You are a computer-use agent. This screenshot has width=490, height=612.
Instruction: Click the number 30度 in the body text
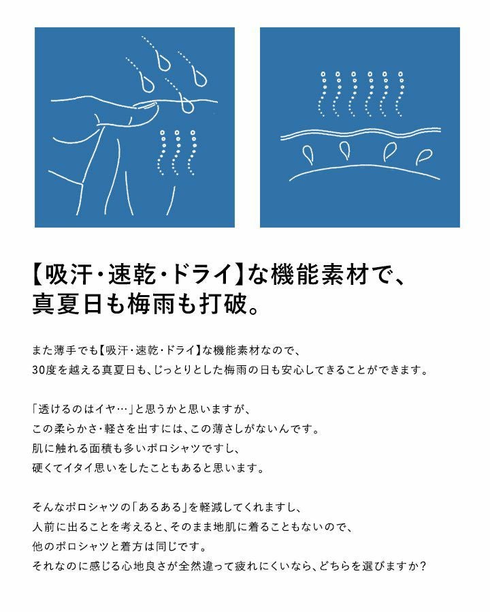coord(44,369)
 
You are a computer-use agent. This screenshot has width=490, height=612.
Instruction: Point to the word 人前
coord(44,527)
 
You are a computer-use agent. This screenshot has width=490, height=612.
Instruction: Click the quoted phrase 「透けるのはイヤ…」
coord(82,409)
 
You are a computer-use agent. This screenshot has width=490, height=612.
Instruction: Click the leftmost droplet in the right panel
coord(308,154)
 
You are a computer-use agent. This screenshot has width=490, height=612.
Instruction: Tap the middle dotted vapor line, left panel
coord(176,153)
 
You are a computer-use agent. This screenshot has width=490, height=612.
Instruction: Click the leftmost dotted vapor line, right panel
coord(322,93)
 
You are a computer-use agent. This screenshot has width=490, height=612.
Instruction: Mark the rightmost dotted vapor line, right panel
coord(399,93)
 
